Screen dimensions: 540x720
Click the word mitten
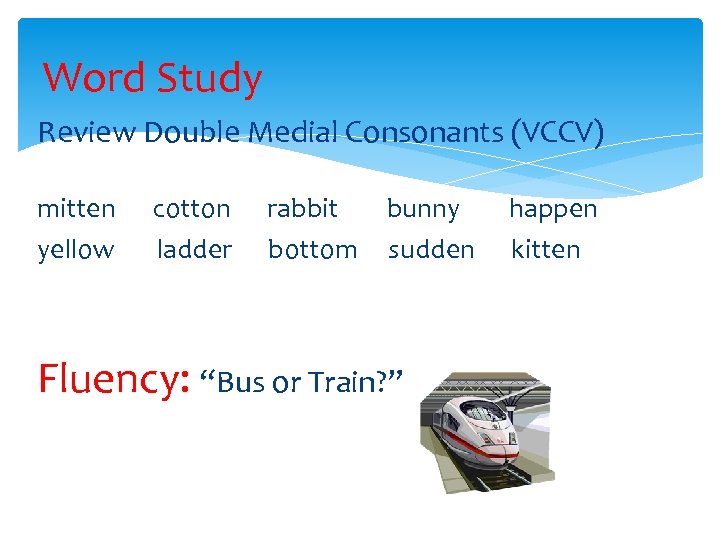click(76, 209)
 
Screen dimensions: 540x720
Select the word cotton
click(191, 209)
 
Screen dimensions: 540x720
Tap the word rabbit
click(302, 209)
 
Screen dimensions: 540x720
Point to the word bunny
click(423, 209)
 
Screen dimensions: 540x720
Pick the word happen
click(553, 209)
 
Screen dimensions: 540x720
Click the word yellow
click(76, 249)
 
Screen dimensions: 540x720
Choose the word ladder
click(195, 249)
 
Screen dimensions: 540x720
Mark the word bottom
click(312, 249)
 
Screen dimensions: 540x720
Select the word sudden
click(431, 249)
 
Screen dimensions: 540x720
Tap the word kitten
click(545, 249)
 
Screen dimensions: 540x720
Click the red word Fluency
click(112, 380)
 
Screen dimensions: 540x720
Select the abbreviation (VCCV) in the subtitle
click(556, 132)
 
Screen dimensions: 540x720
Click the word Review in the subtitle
click(86, 132)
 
